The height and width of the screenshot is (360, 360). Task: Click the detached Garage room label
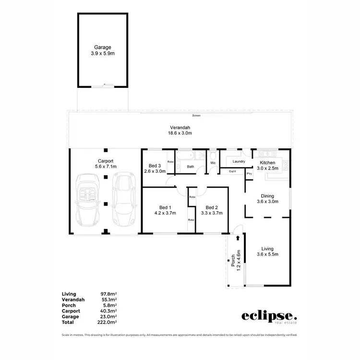[103, 50]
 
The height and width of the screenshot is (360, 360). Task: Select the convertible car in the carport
[88, 200]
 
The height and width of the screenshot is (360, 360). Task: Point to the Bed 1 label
[163, 210]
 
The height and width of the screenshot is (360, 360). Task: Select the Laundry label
[239, 162]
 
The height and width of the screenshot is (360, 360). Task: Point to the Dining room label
[267, 199]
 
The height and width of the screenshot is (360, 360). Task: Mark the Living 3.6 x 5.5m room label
[267, 252]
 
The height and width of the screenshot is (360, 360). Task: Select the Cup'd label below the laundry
[232, 171]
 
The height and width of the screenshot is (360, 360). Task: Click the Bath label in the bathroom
[191, 167]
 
